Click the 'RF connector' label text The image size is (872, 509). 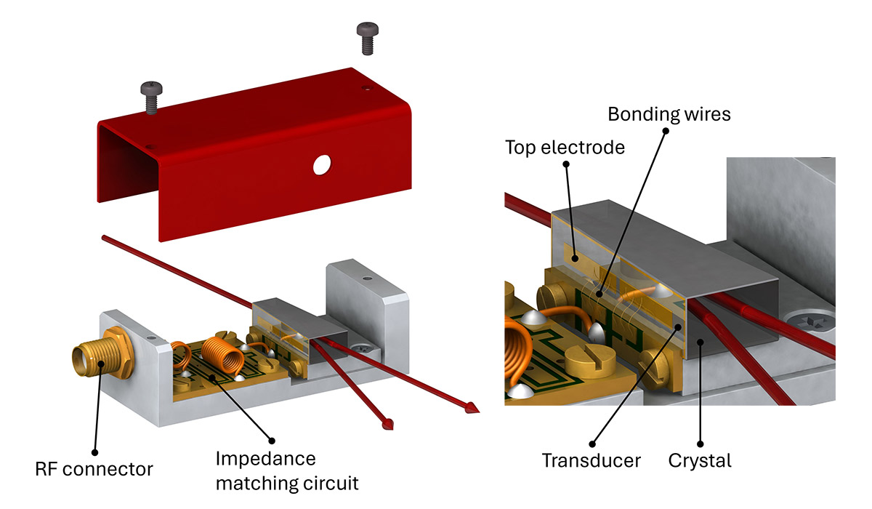click(94, 469)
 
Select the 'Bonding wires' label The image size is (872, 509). click(669, 114)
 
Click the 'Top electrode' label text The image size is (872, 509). click(565, 148)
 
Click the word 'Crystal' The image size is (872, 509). click(701, 460)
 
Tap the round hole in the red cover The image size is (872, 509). click(320, 165)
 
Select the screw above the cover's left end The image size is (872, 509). click(151, 97)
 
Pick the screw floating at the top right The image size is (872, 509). click(366, 37)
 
